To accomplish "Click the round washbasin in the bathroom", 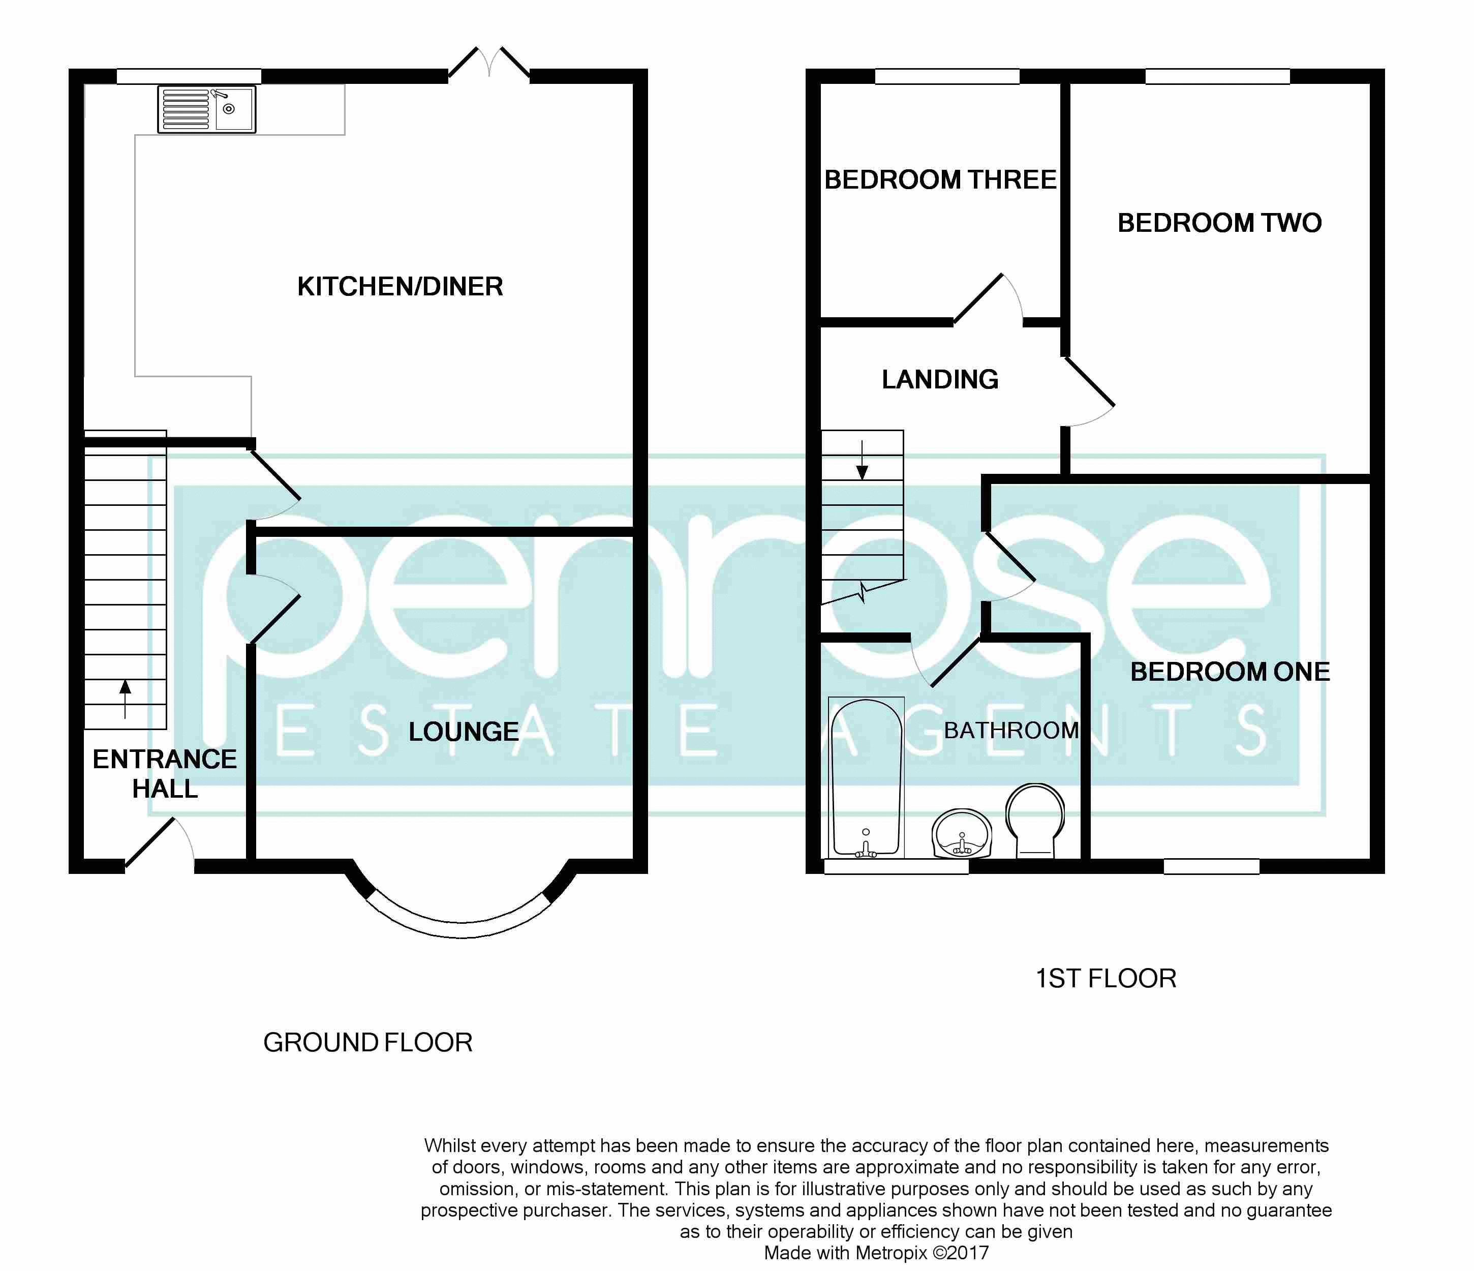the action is [x=962, y=834].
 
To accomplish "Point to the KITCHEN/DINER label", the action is [x=400, y=287].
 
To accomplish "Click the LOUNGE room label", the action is [x=464, y=732].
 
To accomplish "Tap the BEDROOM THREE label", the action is [x=940, y=180].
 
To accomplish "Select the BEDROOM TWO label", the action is [x=1219, y=223].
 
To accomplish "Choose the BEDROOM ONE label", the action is [x=1230, y=672].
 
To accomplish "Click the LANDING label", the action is [x=940, y=379].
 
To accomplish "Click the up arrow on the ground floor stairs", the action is [x=125, y=698].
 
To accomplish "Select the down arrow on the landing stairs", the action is [x=862, y=460].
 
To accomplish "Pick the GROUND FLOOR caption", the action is [x=368, y=1043].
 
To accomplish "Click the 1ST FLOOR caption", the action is [x=1105, y=979].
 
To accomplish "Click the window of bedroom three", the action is [x=947, y=76].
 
